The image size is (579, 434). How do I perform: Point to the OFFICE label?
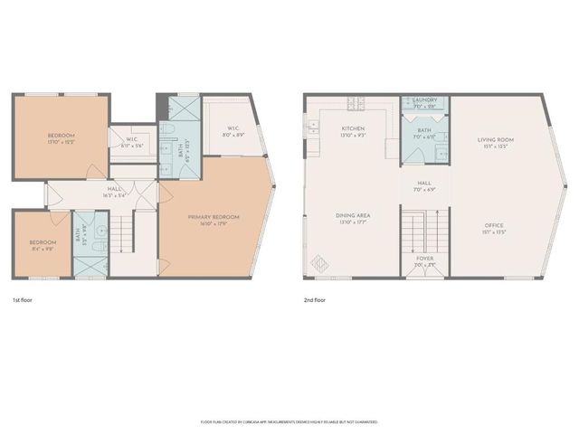[x=494, y=225]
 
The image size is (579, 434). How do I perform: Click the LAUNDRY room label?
[x=424, y=100]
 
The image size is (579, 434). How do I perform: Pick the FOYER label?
[x=424, y=258]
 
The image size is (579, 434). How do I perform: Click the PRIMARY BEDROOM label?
[x=212, y=218]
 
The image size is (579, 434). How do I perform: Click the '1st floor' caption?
[x=24, y=299]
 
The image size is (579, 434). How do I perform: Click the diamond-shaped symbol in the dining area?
[x=320, y=263]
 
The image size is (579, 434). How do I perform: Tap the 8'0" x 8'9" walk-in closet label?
[x=233, y=131]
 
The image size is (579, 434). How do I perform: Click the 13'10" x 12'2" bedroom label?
[x=62, y=138]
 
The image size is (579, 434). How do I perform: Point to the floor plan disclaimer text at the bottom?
[x=289, y=422]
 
